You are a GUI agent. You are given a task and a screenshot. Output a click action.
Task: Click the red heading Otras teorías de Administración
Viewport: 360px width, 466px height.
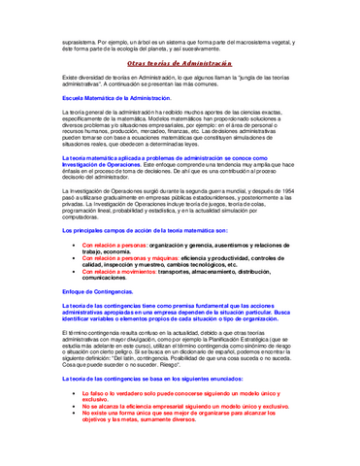[x=180, y=60]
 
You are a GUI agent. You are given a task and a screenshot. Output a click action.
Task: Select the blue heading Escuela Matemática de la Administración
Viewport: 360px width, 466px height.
[x=116, y=98]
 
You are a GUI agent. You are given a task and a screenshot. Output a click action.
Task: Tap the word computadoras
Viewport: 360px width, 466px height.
[x=82, y=218]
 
